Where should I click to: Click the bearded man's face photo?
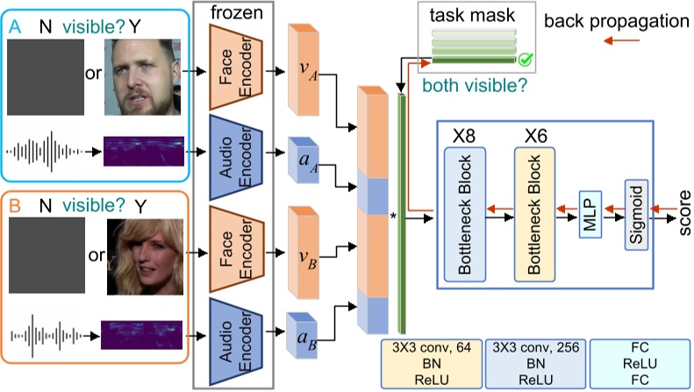[x=144, y=81]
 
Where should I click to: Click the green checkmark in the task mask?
[x=526, y=61]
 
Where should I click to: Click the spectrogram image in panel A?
[x=144, y=151]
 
